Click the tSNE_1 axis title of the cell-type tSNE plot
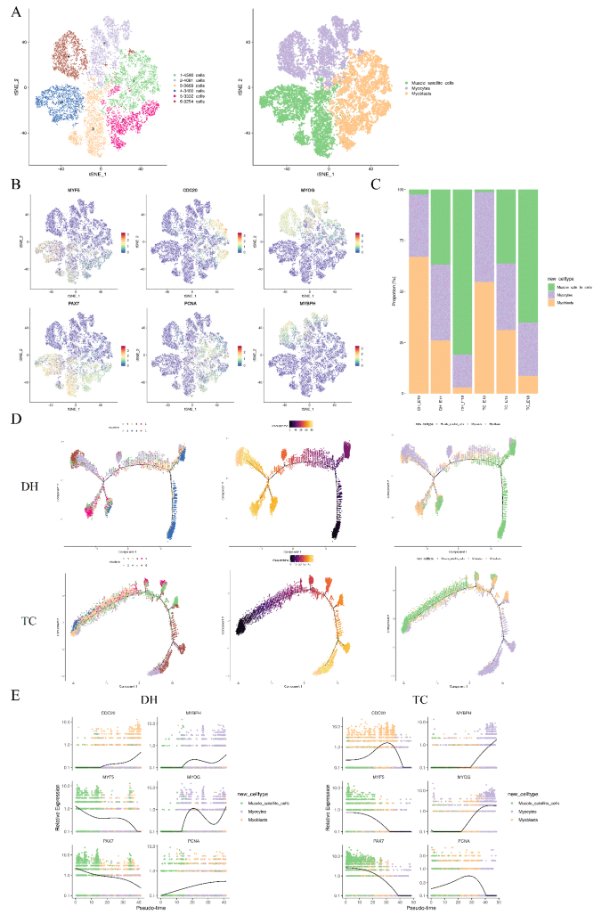[329, 168]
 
